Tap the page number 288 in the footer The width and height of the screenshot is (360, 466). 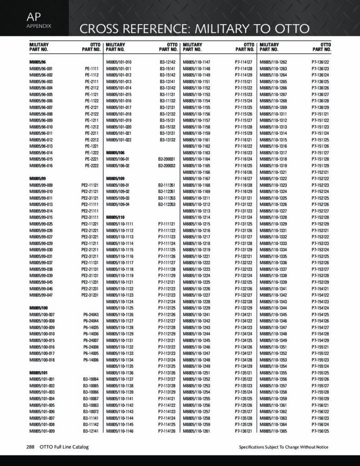click(30, 447)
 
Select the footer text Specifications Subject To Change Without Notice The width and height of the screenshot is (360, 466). click(284, 447)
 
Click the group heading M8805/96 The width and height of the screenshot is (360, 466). click(38, 62)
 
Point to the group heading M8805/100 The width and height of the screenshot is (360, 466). click(39, 308)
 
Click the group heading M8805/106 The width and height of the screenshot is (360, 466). click(115, 153)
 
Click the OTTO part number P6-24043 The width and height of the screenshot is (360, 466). click(91, 314)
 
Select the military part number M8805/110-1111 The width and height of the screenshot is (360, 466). click(120, 224)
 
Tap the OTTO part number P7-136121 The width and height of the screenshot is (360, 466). click(243, 431)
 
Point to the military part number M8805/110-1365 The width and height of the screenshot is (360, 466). click(273, 431)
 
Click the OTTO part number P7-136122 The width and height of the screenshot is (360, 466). click(320, 62)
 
